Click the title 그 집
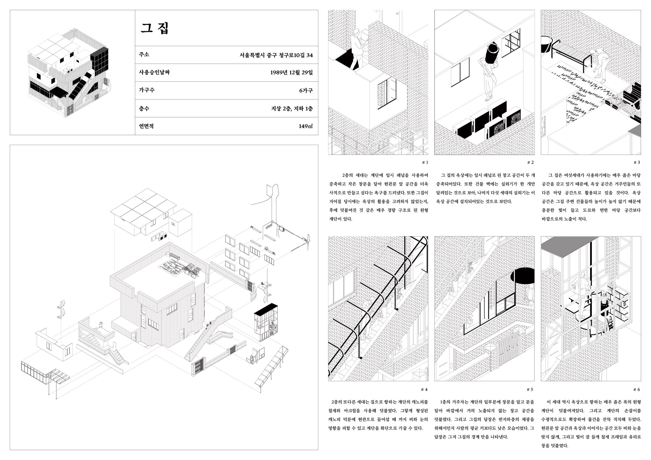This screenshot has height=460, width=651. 155,28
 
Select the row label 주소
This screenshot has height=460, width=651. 144,54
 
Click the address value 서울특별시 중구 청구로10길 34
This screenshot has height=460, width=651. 276,55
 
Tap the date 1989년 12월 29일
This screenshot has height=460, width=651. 291,72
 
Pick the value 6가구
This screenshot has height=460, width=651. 306,90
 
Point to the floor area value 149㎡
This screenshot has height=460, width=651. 306,126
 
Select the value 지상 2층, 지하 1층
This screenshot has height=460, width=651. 292,108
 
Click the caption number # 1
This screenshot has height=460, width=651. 425,162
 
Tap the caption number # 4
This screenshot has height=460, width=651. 424,389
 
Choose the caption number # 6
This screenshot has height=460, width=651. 637,389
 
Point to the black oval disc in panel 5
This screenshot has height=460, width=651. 522,276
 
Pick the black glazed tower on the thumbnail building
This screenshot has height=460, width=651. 99,61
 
